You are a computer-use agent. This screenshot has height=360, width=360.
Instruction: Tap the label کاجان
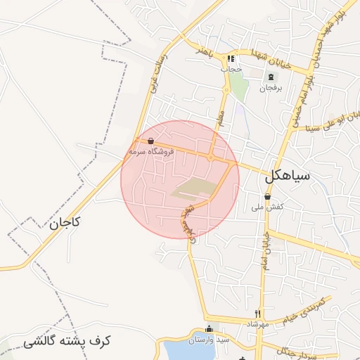65,223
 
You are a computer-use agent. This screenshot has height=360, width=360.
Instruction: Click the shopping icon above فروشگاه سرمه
152,141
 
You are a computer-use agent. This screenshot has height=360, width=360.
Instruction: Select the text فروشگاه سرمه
150,151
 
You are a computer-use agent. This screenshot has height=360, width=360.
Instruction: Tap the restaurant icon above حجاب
231,59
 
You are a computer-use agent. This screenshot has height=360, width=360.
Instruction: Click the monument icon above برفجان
270,76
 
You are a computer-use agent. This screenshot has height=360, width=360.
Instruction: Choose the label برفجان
269,88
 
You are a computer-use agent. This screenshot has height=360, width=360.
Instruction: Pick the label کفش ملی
267,207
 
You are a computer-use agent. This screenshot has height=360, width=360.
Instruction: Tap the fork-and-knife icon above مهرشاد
258,314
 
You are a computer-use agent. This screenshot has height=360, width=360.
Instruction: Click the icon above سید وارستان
208,329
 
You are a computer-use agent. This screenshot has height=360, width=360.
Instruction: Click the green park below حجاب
239,86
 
